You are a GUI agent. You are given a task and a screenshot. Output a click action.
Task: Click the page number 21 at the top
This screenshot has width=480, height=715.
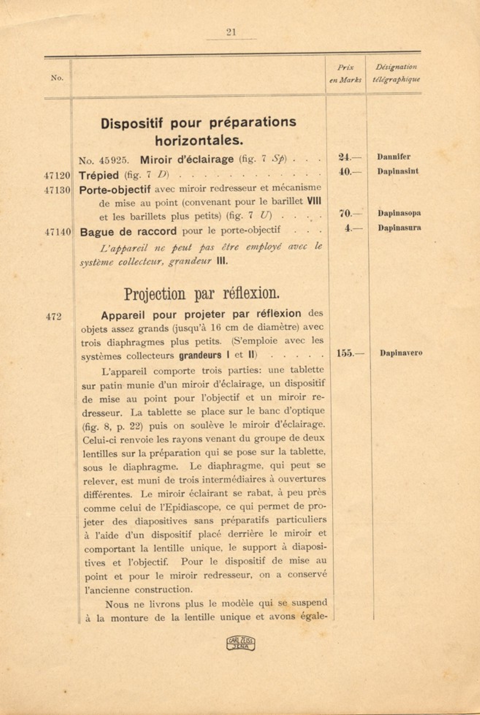231,32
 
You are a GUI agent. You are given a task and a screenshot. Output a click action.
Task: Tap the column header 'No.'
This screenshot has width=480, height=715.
57,78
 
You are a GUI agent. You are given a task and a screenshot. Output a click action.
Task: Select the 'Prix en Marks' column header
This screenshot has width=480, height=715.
345,73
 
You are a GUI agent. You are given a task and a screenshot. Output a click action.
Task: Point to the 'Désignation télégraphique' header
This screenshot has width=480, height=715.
396,73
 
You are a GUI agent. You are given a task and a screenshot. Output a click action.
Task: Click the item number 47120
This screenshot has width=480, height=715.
57,175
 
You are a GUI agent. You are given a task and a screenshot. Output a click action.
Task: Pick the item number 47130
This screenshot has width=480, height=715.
57,190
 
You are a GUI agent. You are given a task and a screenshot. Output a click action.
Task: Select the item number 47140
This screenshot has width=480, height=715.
58,232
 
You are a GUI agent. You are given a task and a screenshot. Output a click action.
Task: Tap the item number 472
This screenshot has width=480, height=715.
54,317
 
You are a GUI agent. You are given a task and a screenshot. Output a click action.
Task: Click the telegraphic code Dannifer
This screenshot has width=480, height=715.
394,157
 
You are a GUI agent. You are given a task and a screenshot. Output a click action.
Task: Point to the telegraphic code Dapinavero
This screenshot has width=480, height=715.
401,353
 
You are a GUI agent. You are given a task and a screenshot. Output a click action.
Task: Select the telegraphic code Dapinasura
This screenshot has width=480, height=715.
399,228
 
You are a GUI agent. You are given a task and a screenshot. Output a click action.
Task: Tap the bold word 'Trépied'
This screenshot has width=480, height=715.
99,175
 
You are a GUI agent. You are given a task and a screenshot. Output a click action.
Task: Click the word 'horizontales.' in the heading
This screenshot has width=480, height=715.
199,140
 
